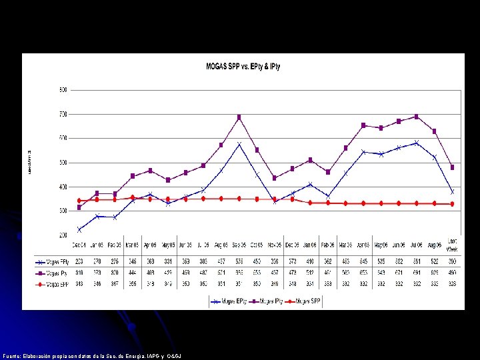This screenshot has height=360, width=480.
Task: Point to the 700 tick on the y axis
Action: tap(63, 114)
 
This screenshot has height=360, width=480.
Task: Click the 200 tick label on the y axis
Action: tap(63, 235)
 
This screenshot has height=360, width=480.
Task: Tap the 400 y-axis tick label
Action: tap(63, 187)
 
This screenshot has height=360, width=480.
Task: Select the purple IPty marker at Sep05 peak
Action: tap(239, 117)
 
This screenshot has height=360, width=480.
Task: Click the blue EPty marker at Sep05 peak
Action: tap(239, 144)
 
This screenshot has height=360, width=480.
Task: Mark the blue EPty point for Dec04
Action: tap(79, 230)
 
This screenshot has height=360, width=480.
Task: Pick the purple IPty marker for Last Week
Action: tap(452, 167)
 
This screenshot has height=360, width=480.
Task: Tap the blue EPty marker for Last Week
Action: tap(452, 192)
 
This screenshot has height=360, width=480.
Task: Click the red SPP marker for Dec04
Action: tap(79, 201)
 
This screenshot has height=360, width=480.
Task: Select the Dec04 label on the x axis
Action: tap(79, 244)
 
